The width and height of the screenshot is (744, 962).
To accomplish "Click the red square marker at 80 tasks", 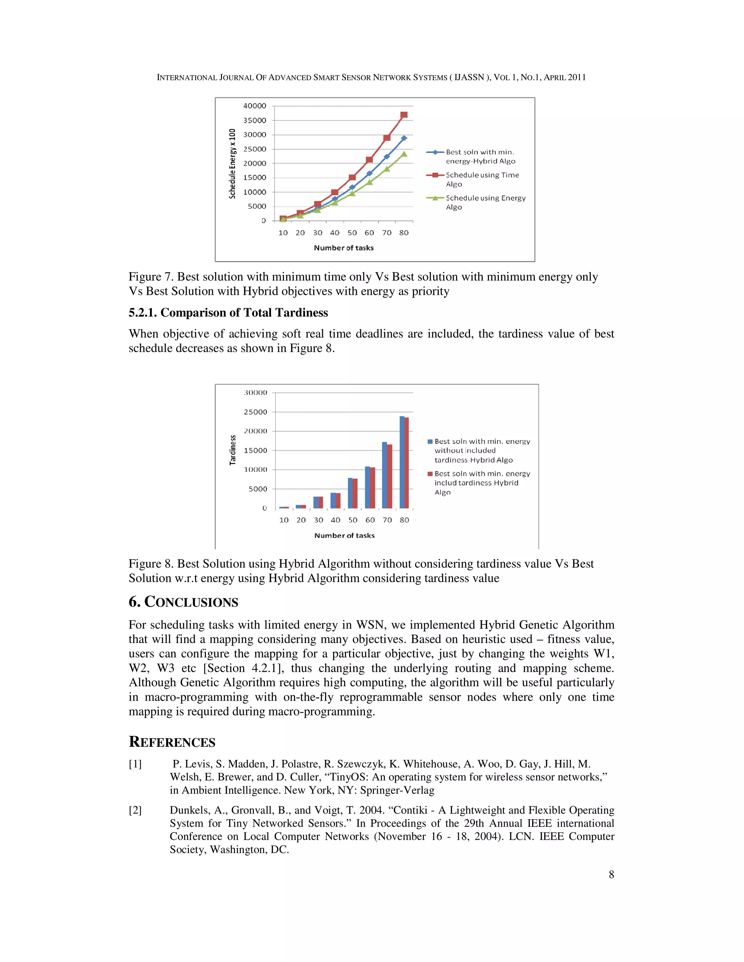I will tap(404, 115).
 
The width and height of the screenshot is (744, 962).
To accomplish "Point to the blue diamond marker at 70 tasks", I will tap(387, 157).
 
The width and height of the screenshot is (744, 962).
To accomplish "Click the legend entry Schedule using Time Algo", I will tap(482, 179).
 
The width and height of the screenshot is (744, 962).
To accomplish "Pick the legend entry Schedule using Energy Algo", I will tap(485, 202).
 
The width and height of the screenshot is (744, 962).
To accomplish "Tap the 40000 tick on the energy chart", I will tap(255, 106).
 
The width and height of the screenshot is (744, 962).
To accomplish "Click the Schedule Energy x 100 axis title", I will tap(232, 163).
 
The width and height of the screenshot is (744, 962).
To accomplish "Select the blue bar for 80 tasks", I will tap(401, 462).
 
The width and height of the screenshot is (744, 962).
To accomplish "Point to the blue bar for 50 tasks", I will tap(350, 493).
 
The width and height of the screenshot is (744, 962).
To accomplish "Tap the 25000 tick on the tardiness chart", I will tap(256, 412).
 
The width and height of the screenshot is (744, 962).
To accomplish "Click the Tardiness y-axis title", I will tap(233, 450).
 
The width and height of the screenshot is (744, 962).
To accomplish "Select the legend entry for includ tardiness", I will tap(482, 483).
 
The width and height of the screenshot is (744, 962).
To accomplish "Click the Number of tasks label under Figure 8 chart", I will tap(344, 535).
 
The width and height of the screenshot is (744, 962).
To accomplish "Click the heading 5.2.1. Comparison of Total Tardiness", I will tap(228, 313).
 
